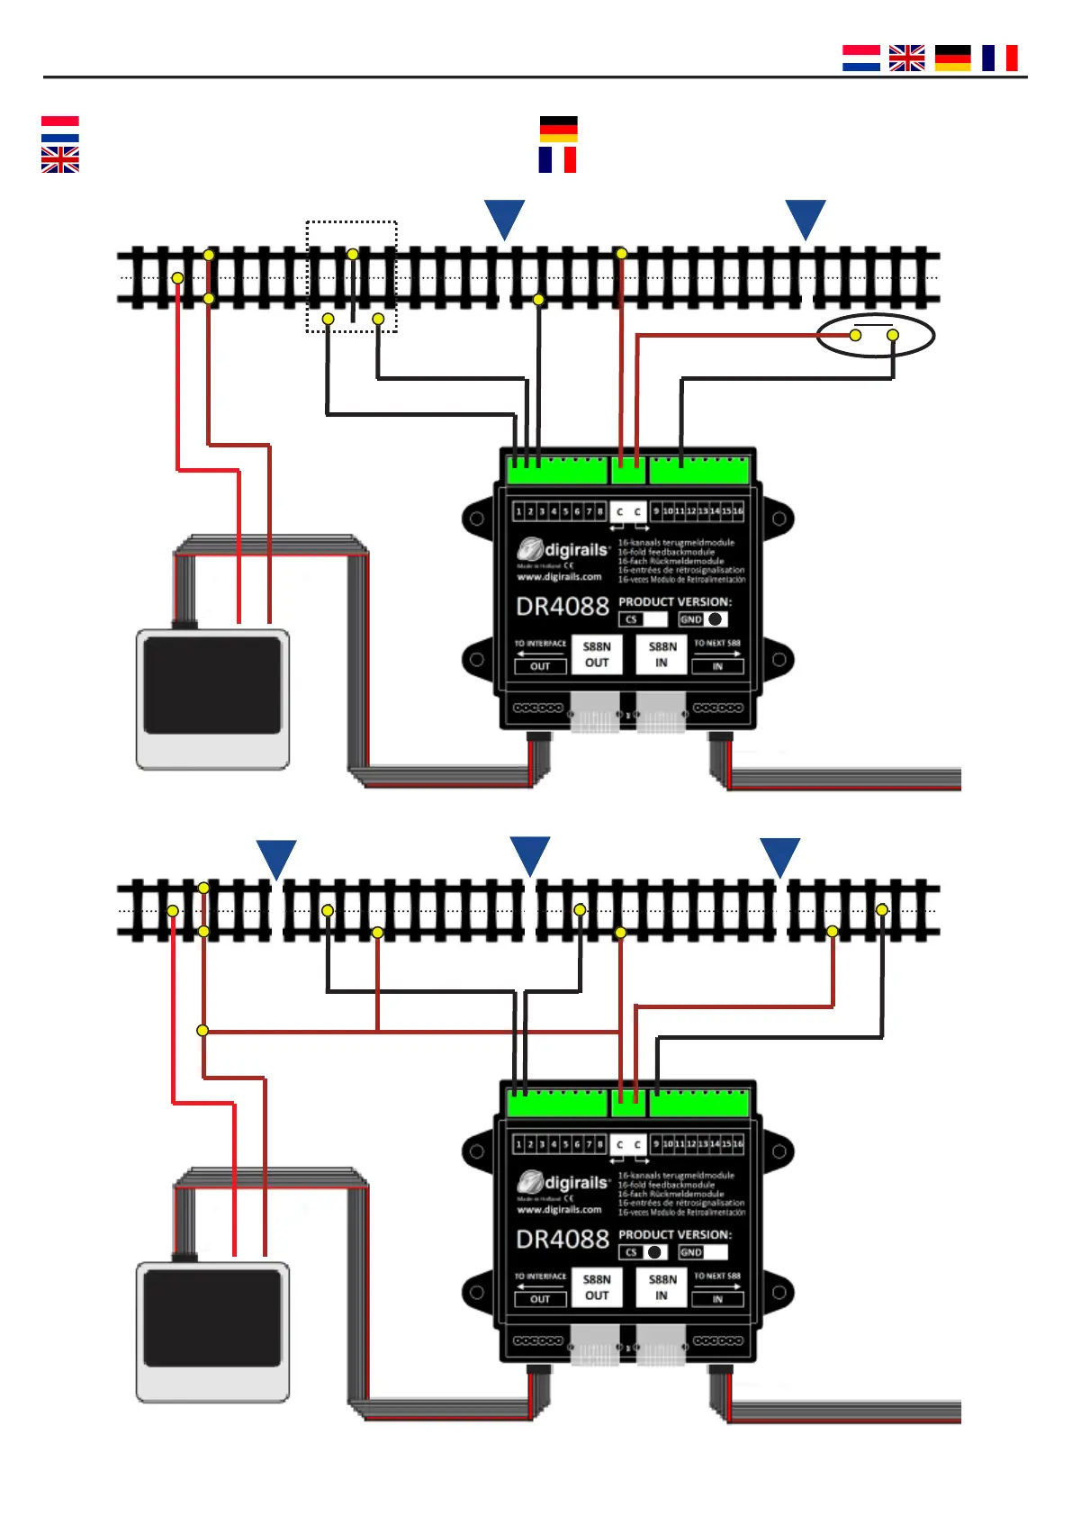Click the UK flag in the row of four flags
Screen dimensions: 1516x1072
coord(906,58)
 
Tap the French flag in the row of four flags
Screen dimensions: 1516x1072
coord(999,58)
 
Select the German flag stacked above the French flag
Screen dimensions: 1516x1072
coord(558,129)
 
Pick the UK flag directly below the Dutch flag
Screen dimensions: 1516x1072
coord(60,160)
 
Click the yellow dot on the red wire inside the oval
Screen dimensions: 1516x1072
coord(855,335)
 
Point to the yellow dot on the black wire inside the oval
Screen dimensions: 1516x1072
coord(893,335)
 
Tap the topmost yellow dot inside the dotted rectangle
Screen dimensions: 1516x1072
coord(353,254)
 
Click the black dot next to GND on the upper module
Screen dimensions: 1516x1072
coord(715,619)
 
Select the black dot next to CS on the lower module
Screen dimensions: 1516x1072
coord(654,1252)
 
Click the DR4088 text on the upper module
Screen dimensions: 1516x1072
coord(563,607)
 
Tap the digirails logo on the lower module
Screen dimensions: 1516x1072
coord(564,1182)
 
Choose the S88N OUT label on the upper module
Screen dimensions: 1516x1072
coord(597,654)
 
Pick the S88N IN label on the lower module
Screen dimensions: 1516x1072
coord(662,1287)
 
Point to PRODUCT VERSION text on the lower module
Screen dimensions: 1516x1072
coord(675,1234)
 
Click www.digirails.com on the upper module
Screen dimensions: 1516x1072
coord(559,577)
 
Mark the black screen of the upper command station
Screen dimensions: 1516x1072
coord(212,684)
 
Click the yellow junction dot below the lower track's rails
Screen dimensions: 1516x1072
coord(203,1030)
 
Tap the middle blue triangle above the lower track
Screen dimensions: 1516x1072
coord(530,854)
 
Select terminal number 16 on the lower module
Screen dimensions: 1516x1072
coord(738,1144)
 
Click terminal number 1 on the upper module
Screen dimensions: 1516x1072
coord(518,511)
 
